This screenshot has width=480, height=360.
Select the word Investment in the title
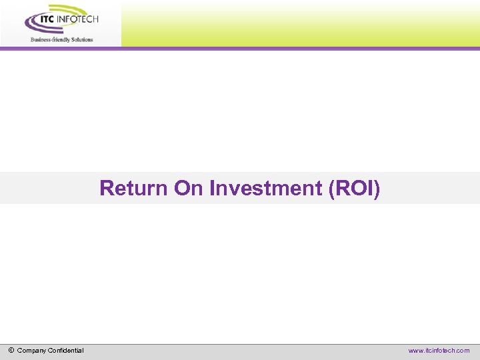(x=266, y=189)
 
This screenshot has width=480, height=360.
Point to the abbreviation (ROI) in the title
(x=355, y=189)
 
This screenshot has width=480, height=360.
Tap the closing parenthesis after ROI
(x=377, y=189)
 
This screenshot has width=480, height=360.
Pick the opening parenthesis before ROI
(x=332, y=189)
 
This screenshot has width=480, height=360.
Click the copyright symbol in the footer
(x=11, y=350)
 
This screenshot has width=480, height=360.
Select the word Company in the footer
(x=31, y=351)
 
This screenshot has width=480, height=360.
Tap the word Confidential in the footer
(x=65, y=351)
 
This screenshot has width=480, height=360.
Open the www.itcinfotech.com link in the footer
(x=439, y=351)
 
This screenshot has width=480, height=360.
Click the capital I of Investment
(x=213, y=189)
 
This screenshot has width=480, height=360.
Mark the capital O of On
(x=182, y=189)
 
